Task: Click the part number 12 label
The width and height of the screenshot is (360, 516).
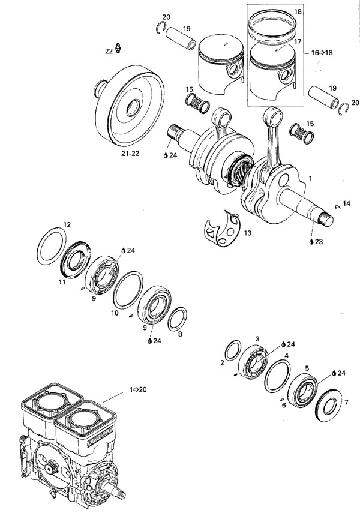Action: pos(67,224)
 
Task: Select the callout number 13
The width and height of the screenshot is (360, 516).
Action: pos(248,232)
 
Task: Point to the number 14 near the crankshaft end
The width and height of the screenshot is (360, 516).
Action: pos(346,203)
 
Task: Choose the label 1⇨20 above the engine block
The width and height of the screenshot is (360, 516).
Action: pos(137,390)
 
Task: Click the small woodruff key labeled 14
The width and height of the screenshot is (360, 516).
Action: pos(337,205)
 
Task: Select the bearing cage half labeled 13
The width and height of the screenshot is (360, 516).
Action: pos(222,231)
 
